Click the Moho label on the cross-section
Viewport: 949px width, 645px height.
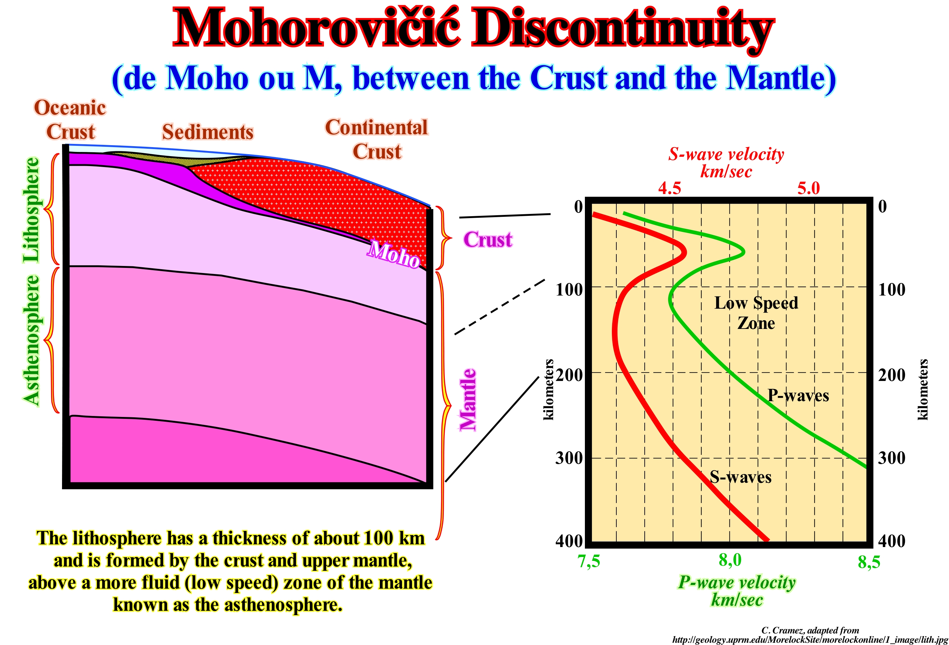393,254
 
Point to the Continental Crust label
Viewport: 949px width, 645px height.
377,139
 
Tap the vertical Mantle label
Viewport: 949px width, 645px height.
468,400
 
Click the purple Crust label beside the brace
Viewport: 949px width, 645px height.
487,240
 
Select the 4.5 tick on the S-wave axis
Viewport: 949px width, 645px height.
669,188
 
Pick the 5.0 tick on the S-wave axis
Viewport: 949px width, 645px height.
808,188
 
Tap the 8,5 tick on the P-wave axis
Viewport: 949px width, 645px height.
869,562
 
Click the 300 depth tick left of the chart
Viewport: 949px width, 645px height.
569,458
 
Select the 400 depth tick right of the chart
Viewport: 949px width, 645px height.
891,541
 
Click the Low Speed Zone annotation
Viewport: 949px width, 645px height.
756,313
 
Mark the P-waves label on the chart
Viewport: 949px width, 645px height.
798,395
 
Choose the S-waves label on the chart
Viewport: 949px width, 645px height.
740,477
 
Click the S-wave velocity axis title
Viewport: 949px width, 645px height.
726,163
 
